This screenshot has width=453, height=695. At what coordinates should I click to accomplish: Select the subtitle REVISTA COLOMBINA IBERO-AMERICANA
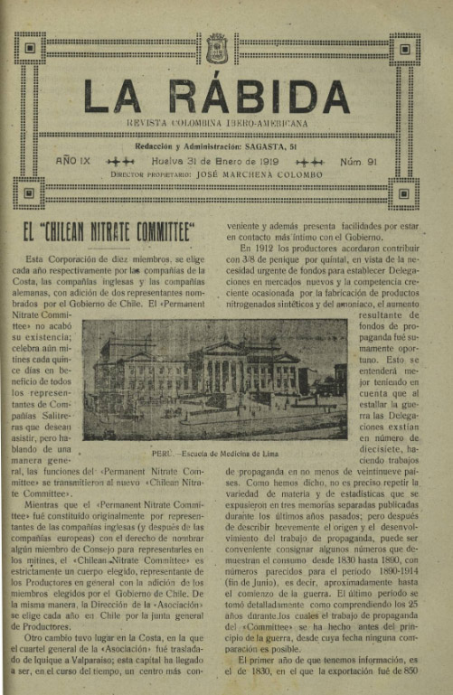[x=217, y=123]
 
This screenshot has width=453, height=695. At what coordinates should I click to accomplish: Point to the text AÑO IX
[x=72, y=160]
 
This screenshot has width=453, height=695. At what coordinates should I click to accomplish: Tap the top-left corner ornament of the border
[x=30, y=48]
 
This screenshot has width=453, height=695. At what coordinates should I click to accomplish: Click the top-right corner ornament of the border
[x=404, y=48]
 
